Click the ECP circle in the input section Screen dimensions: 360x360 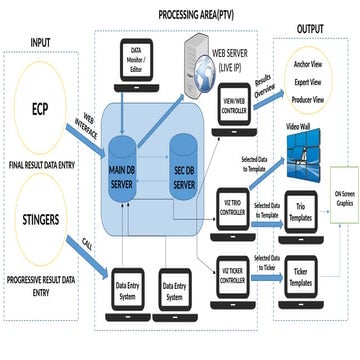pos(39,108)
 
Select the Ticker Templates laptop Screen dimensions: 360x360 pos(299,270)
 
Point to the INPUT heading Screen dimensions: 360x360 pos(39,42)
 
